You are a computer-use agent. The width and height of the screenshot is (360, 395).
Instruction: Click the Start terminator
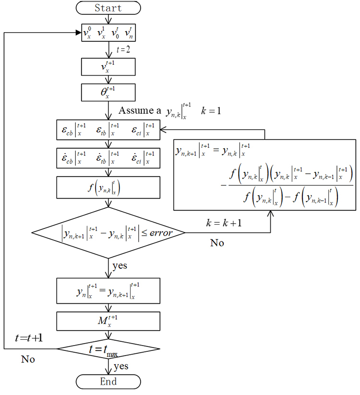tap(108, 8)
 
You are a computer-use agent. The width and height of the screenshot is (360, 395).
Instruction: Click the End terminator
tap(108, 382)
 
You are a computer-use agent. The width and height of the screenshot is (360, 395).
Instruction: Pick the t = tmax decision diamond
tap(108, 348)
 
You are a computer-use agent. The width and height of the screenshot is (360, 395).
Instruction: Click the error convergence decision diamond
tap(108, 233)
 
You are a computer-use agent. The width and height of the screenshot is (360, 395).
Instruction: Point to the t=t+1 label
tap(28, 338)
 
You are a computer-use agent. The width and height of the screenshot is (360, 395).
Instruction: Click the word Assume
tap(135, 111)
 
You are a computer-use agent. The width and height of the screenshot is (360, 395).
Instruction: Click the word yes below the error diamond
tap(120, 265)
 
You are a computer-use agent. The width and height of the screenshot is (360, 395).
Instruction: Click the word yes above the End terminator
tap(120, 367)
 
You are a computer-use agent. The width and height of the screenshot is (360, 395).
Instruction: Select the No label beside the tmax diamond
tap(28, 359)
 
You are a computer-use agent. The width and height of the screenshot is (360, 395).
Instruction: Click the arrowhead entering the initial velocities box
tap(78, 33)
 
